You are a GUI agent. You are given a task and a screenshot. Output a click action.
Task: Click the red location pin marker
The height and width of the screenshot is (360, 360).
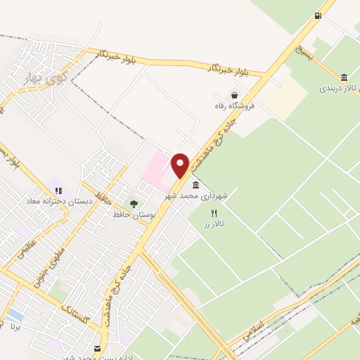pyautogui.click(x=181, y=166)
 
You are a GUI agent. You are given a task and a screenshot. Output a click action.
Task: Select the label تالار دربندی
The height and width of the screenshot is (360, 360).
pyautogui.click(x=340, y=89)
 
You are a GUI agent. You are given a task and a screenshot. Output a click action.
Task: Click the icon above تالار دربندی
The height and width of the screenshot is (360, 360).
pyautogui.click(x=344, y=77)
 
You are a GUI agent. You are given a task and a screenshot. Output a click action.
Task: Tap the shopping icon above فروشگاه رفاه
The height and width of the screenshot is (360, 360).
pyautogui.click(x=233, y=95)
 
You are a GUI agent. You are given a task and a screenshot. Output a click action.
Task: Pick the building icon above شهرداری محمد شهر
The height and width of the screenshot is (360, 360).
pyautogui.click(x=195, y=186)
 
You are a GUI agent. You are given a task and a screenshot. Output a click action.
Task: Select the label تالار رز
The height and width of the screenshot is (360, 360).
pyautogui.click(x=214, y=223)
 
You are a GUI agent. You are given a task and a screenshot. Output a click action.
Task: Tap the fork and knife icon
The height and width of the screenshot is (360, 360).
pyautogui.click(x=214, y=212)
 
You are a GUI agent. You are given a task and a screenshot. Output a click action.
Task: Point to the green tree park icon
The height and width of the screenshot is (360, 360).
pyautogui.click(x=133, y=204)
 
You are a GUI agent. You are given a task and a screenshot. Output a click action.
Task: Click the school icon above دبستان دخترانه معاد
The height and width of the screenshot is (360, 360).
pyautogui.click(x=58, y=190)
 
